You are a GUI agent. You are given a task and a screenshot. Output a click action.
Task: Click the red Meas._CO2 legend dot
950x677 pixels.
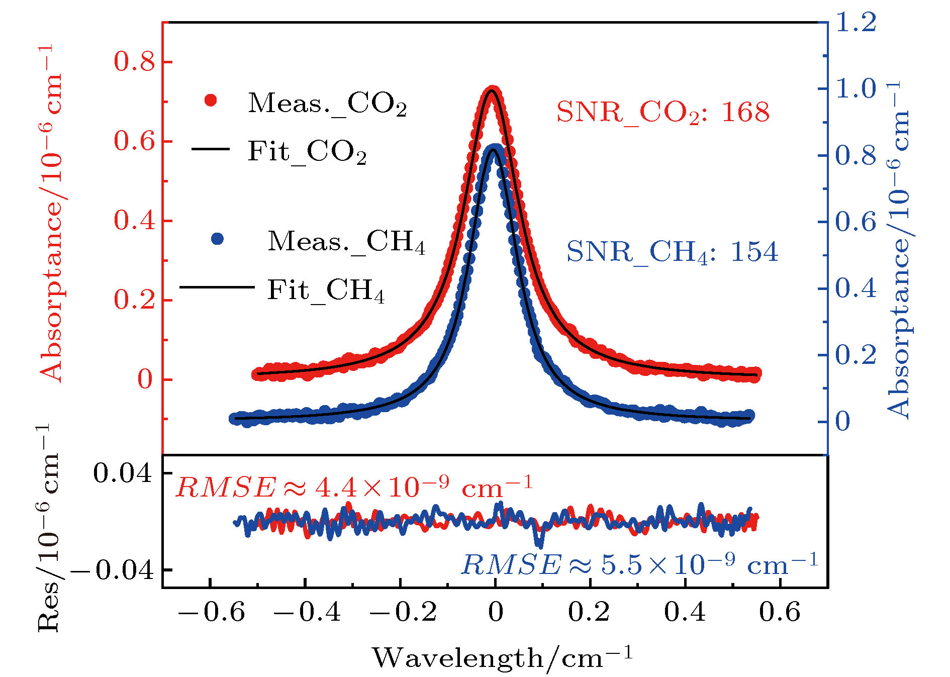[x=211, y=101]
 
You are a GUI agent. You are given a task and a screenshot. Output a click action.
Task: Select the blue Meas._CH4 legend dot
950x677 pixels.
[x=218, y=239]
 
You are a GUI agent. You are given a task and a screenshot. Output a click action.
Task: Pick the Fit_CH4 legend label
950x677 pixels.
[x=326, y=291]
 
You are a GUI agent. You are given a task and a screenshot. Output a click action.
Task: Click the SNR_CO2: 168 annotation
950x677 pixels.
[x=663, y=113]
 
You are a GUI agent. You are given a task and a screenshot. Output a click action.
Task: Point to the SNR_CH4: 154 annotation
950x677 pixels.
[x=672, y=252]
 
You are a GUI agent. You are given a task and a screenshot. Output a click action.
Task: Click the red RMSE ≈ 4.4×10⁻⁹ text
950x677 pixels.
[x=353, y=487]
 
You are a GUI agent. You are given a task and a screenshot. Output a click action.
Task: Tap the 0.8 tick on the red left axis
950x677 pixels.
[x=134, y=62]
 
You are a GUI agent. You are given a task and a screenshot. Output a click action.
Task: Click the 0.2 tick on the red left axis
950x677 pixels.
[x=134, y=301]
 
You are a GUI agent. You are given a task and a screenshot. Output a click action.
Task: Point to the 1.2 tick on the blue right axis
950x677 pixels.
[x=856, y=23]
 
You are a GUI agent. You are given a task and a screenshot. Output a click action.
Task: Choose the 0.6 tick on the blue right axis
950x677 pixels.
[x=856, y=222]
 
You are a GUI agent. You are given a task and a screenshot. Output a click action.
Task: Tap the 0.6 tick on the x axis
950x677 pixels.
[x=780, y=612]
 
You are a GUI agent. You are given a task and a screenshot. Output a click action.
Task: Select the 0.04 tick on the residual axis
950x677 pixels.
[x=122, y=473]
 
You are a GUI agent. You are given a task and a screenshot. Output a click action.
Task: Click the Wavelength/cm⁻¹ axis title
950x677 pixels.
[x=502, y=657]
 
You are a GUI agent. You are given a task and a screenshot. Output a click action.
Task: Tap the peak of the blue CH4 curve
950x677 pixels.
[x=495, y=150]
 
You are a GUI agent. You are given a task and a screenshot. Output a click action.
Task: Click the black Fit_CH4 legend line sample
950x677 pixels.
[x=217, y=287]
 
